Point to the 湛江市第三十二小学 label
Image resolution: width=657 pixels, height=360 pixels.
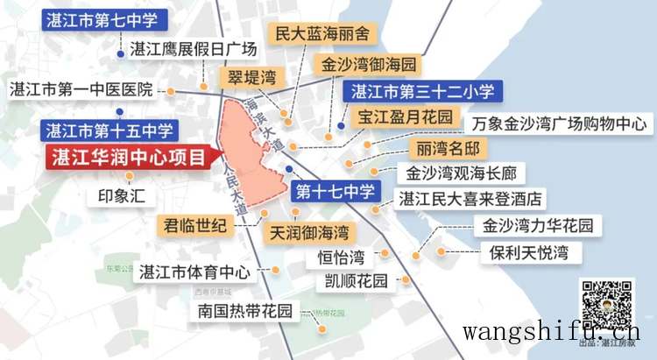[x=423, y=91]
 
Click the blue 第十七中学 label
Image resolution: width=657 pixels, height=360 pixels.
[x=336, y=190]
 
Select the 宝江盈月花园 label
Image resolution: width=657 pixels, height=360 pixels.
[x=404, y=116]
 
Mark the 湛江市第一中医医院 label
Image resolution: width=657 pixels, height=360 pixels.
[x=81, y=89]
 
